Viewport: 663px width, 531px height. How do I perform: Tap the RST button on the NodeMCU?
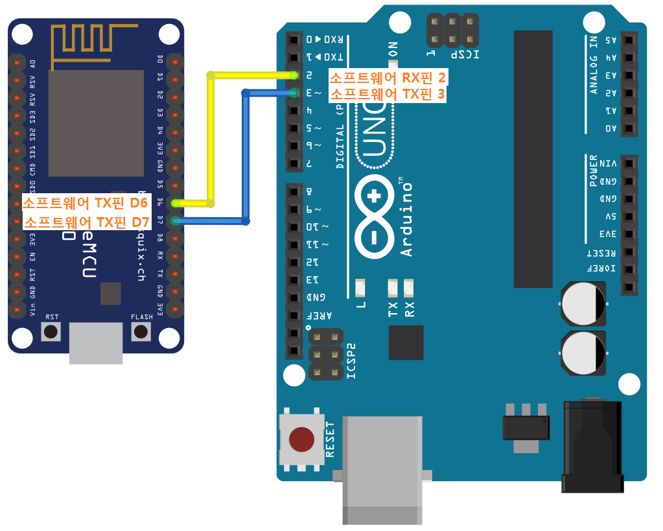[51, 332]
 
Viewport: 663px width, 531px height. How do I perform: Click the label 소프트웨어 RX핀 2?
[388, 78]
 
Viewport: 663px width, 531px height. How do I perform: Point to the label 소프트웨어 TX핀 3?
[388, 95]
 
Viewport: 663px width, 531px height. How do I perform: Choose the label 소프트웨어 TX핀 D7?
[87, 222]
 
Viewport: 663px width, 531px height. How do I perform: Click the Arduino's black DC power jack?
[591, 447]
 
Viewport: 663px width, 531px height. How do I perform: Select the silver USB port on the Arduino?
[382, 467]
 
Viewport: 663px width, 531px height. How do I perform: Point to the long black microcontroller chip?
[533, 159]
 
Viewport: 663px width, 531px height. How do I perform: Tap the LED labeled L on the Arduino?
[361, 286]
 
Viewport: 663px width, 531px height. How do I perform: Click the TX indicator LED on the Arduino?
[392, 287]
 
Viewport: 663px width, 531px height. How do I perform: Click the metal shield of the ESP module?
[96, 123]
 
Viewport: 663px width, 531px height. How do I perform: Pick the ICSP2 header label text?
[352, 360]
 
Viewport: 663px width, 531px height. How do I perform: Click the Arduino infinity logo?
[374, 217]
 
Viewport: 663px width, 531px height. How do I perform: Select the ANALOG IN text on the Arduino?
[594, 65]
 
